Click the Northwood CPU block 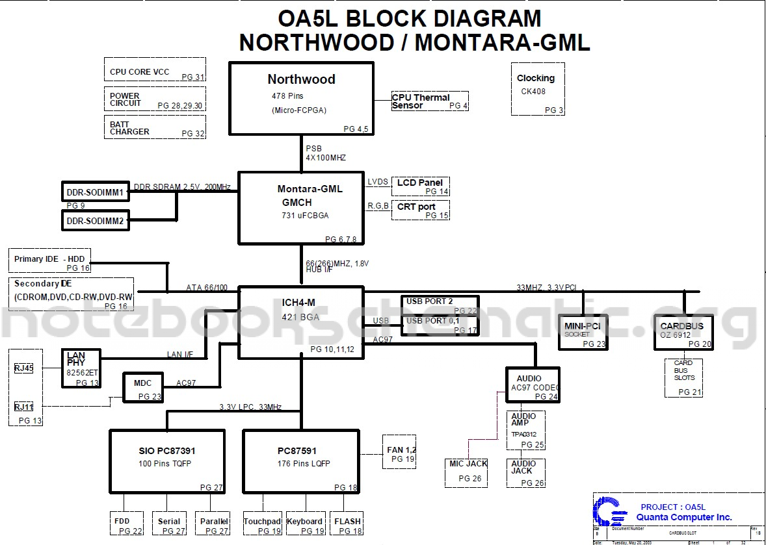301,98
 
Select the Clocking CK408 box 537,89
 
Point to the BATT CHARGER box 155,127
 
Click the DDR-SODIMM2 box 96,222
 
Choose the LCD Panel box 421,186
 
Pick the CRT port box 421,210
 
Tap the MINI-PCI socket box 583,332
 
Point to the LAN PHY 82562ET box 81,368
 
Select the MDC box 143,388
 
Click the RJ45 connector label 24,368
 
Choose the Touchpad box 263,525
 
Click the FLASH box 347,525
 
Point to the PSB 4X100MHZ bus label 326,153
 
